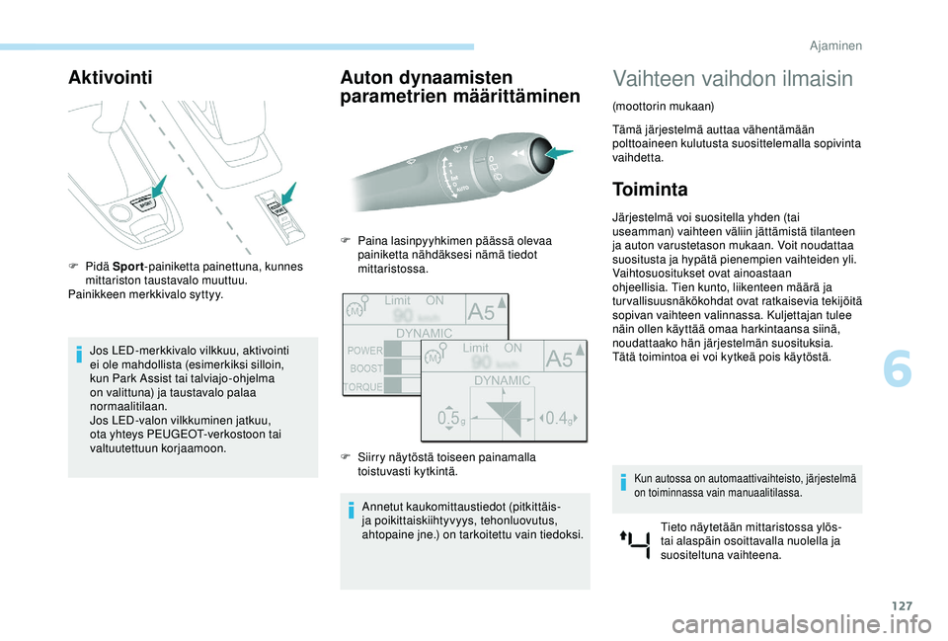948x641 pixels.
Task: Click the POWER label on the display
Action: [x=364, y=350]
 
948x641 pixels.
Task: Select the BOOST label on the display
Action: [x=366, y=367]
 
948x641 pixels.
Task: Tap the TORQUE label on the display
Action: [x=362, y=386]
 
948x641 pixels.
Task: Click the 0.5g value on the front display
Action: [x=450, y=419]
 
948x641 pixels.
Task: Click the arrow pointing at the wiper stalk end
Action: [x=558, y=153]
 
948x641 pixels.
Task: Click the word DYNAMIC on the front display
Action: [x=503, y=380]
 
